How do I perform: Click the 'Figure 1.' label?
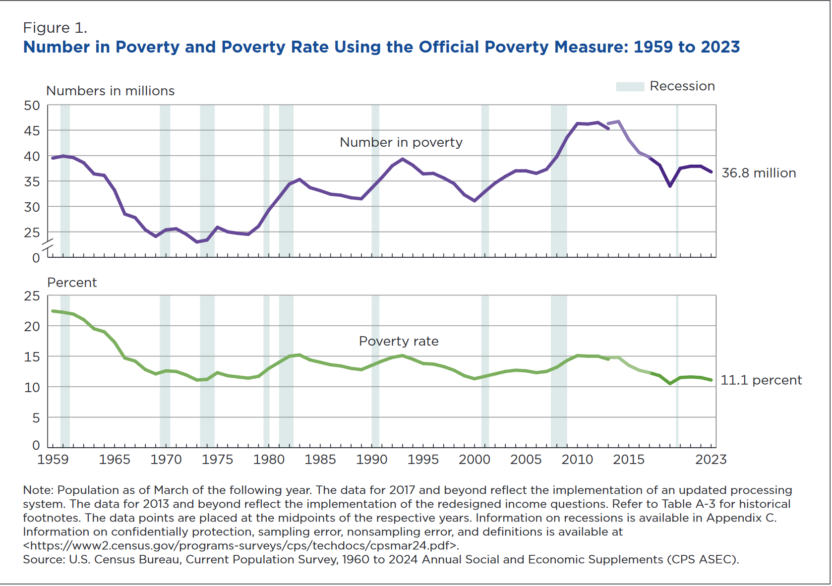pos(55,28)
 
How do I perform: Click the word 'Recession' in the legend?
pos(682,86)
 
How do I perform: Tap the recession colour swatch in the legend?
pos(629,87)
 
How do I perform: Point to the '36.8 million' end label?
pos(758,173)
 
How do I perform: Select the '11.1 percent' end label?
pos(761,380)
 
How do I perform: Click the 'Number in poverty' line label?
pos(401,143)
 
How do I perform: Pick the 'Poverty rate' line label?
pos(398,342)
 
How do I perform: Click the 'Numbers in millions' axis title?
pos(110,91)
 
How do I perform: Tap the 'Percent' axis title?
pos(72,283)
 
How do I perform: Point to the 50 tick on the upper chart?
pos(32,106)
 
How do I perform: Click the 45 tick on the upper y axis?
pos(32,131)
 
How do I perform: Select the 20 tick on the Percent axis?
pos(32,327)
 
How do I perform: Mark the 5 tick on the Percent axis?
pos(36,418)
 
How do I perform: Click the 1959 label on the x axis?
pos(53,460)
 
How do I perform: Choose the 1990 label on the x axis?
pos(371,460)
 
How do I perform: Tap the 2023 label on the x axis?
pos(711,460)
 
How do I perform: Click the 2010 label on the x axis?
pos(577,460)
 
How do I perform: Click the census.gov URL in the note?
pos(241,546)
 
